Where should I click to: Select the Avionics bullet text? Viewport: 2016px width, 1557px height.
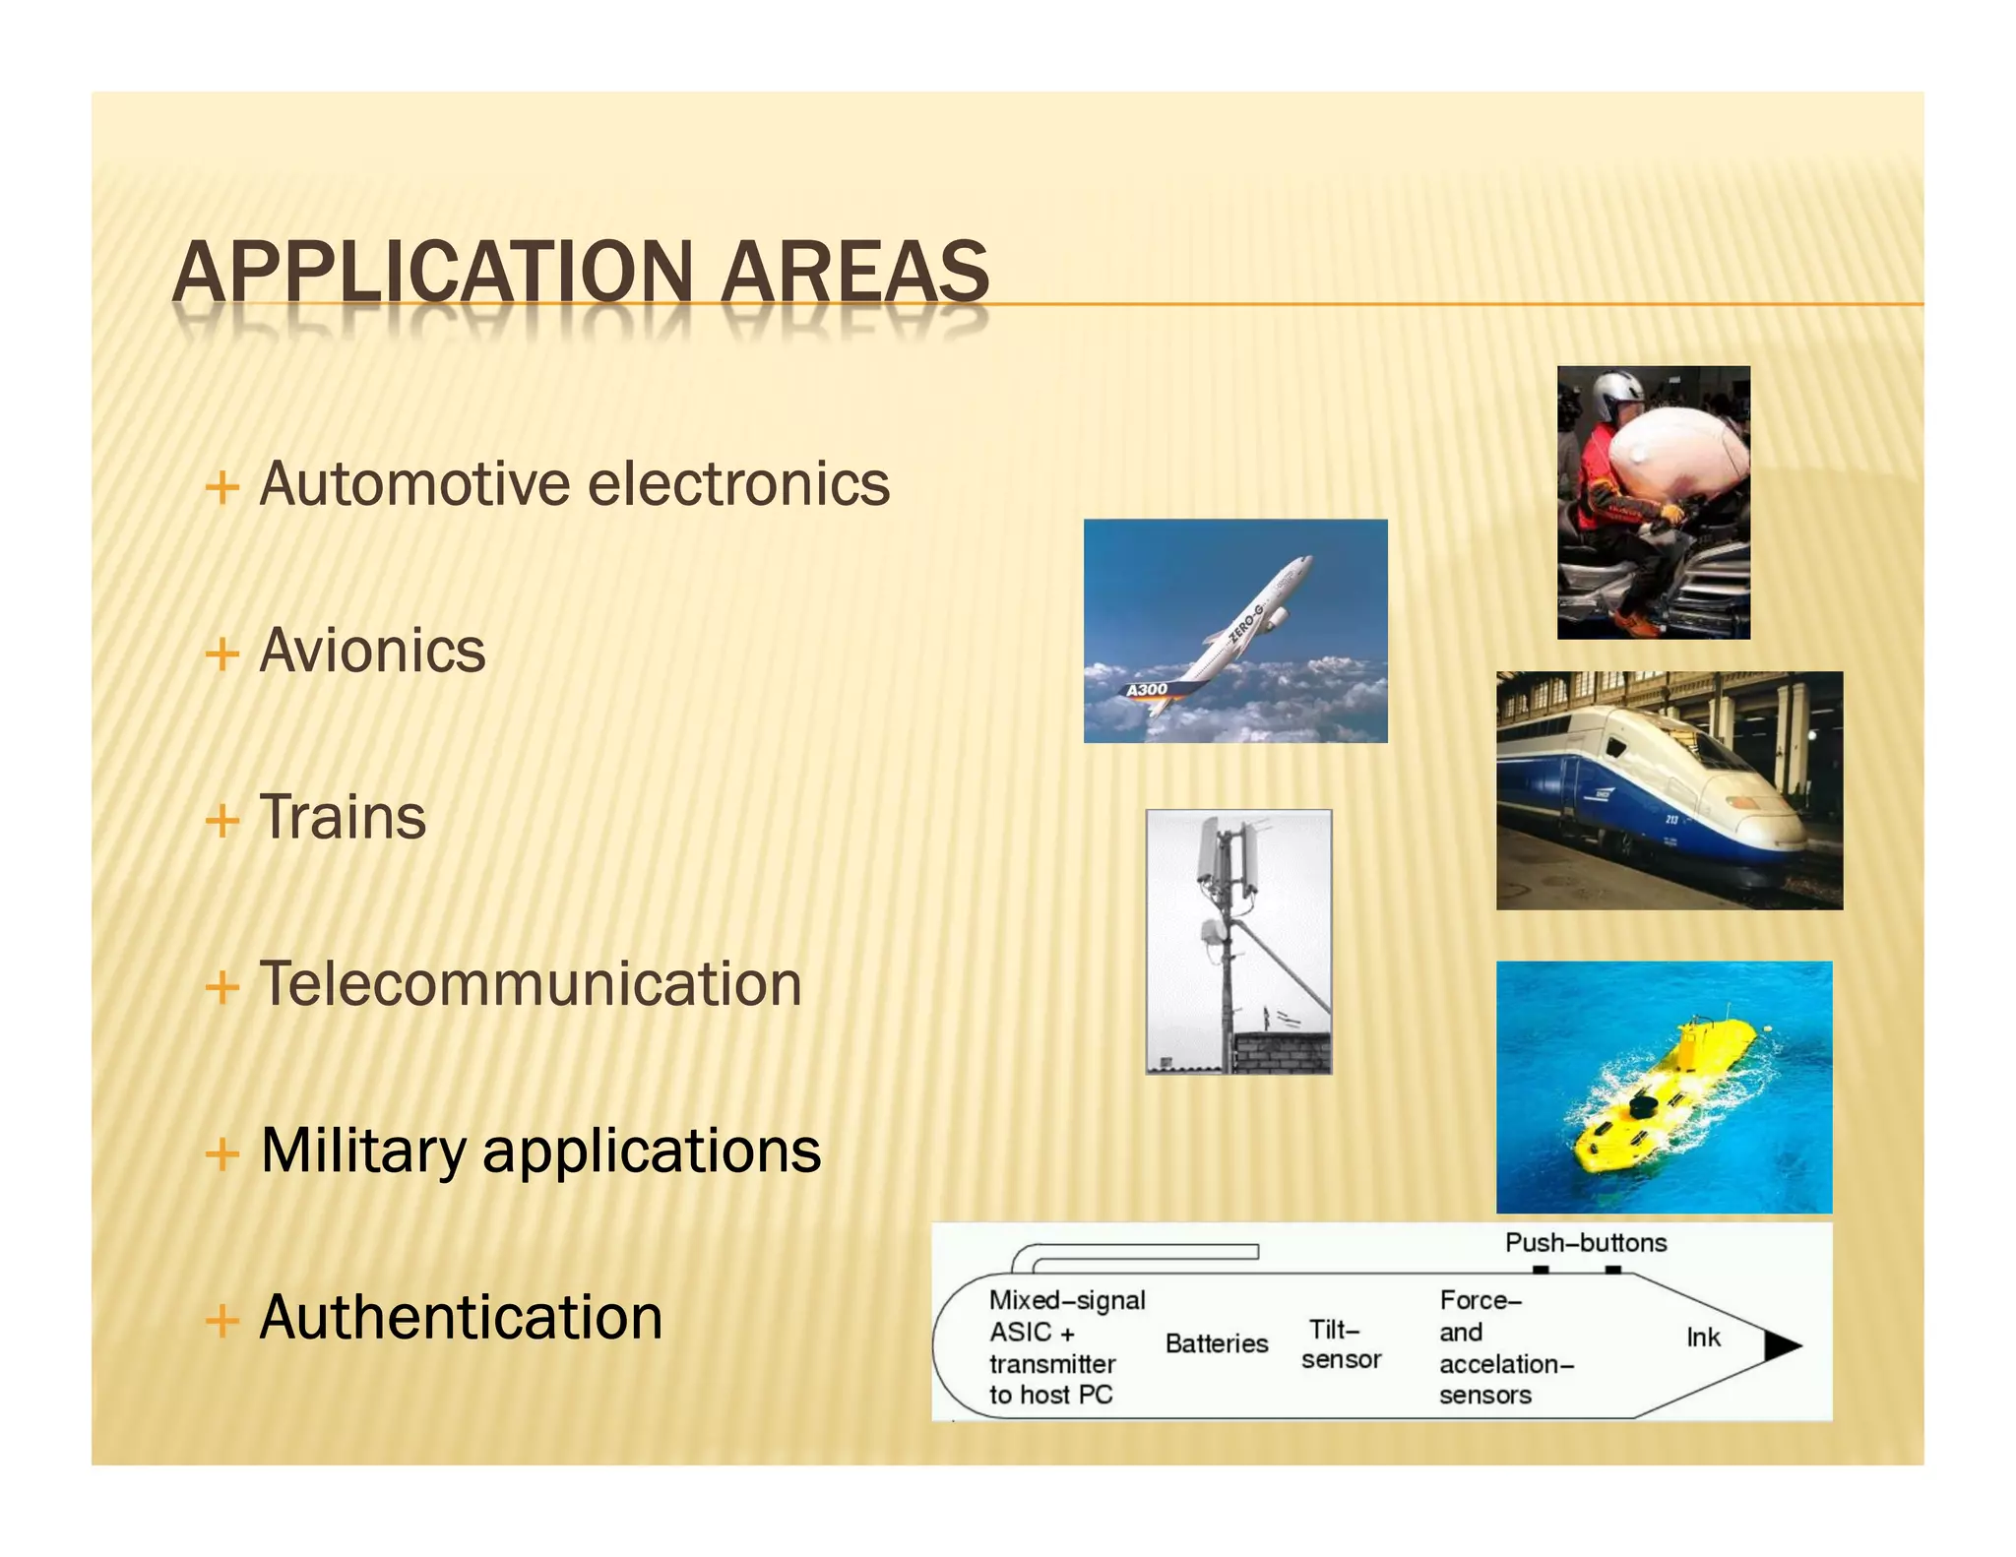pos(372,651)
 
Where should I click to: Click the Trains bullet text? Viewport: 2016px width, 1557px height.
pos(343,817)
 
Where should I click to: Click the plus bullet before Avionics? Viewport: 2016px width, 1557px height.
pos(222,654)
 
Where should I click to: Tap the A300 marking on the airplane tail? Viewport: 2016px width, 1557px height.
pos(1147,690)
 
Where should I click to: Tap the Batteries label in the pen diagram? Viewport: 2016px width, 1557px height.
pos(1217,1343)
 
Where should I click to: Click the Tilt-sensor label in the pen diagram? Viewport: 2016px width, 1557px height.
pos(1340,1344)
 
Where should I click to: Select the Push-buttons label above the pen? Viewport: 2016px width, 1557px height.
pos(1585,1242)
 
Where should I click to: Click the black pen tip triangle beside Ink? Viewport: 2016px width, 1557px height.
pos(1780,1345)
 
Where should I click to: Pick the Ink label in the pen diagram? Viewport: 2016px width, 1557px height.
pos(1703,1338)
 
